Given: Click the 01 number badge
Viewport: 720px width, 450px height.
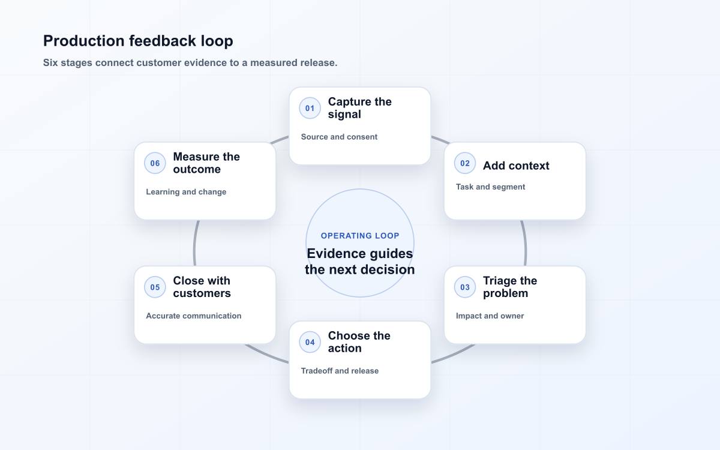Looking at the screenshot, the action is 310,108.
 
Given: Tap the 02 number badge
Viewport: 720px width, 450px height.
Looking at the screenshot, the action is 465,163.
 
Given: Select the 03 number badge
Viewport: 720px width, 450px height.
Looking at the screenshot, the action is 465,287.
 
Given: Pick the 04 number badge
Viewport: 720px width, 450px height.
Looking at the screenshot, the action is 310,342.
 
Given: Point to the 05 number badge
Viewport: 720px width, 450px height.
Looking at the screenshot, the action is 155,287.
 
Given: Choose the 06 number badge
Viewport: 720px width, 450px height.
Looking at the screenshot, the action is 155,163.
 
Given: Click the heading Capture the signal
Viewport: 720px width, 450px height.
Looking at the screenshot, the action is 359,108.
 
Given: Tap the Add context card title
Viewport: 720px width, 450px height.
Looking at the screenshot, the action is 516,166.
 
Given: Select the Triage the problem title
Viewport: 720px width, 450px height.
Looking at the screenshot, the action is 510,287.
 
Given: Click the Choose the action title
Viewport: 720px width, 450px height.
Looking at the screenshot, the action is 359,342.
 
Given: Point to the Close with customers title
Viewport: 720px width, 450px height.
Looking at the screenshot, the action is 202,287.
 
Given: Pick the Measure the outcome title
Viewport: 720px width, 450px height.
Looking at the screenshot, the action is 206,163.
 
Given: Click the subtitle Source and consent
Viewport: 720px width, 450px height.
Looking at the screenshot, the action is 339,137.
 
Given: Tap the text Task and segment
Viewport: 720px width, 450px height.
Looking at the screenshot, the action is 490,187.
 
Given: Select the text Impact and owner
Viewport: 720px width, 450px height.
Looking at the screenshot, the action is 490,316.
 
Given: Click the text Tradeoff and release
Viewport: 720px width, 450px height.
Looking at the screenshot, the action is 340,371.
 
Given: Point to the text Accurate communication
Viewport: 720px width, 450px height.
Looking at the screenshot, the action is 193,316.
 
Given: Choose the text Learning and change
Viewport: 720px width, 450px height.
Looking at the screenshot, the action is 186,192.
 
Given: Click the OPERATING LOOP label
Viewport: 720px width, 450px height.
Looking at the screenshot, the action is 360,236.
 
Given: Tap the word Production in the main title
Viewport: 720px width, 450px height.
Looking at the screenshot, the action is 83,41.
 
